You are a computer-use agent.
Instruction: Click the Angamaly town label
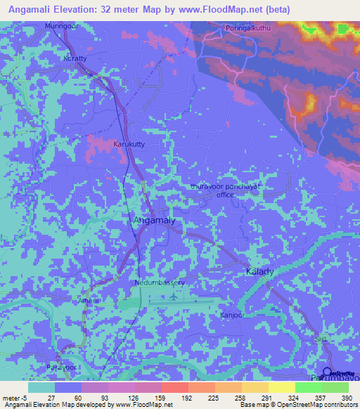pyautogui.click(x=154, y=221)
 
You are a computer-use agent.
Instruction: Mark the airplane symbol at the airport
pyautogui.click(x=174, y=297)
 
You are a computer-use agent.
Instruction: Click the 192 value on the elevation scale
pyautogui.click(x=189, y=397)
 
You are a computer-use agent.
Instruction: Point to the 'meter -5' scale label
pyautogui.click(x=12, y=397)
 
